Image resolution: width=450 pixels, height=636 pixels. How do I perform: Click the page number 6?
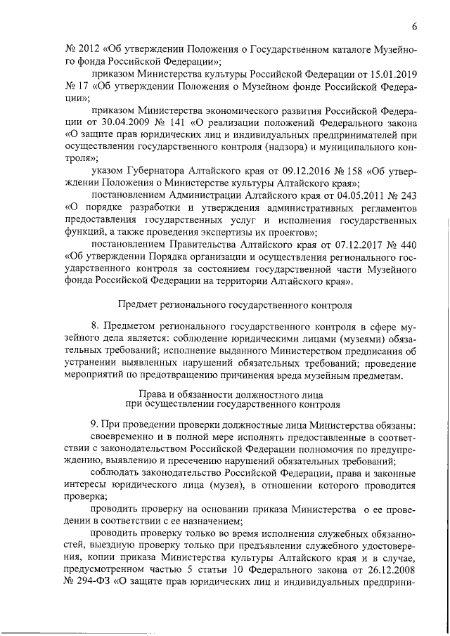click(x=415, y=27)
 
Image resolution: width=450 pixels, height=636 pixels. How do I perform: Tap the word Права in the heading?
click(x=153, y=392)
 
